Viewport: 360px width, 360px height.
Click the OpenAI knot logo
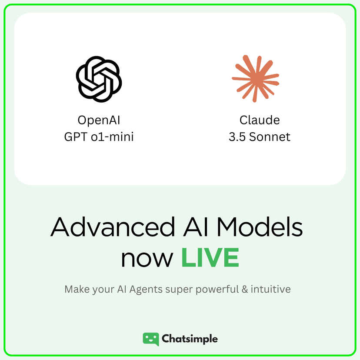pos(99,79)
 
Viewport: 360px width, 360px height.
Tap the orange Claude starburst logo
pos(256,79)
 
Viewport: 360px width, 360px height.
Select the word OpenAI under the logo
pos(99,120)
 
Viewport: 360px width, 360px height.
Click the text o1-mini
pos(112,137)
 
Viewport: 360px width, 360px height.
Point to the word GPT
pos(76,137)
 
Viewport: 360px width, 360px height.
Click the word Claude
pos(260,120)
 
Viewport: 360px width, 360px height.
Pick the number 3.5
pos(237,137)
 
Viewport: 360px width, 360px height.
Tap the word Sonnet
pos(270,137)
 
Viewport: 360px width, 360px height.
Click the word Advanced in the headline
pos(113,227)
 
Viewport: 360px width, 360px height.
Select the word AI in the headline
pos(193,227)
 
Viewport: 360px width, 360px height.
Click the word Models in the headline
pos(260,227)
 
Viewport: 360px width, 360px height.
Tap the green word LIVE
pos(210,257)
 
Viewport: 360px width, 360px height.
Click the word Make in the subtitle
pos(77,289)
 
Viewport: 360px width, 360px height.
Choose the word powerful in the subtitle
pos(217,290)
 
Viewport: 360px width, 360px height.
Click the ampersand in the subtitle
pos(245,289)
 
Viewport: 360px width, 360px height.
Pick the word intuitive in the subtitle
pos(271,289)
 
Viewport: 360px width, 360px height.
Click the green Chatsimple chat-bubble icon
pos(151,339)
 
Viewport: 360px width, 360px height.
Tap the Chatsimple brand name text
pos(190,339)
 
